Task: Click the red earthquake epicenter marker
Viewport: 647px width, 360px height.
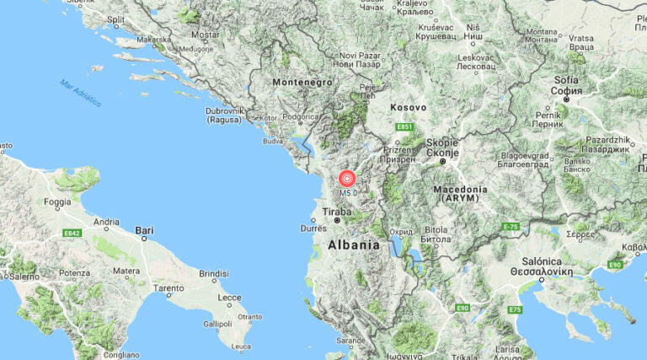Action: (x=347, y=178)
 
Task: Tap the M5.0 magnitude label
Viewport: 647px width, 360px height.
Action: (x=349, y=193)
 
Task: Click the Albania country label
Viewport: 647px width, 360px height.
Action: (x=353, y=244)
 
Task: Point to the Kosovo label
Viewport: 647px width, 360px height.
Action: (x=409, y=108)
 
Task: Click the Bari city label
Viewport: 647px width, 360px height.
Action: (x=145, y=229)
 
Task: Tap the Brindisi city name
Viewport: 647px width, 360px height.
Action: (x=214, y=274)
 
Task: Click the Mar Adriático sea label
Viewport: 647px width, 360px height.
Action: (x=80, y=93)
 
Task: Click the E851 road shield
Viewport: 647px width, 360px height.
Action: (x=404, y=127)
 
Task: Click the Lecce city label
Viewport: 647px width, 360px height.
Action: (x=228, y=298)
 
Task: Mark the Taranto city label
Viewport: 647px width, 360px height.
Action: (x=168, y=287)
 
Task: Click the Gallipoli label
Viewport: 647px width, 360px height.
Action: (x=217, y=324)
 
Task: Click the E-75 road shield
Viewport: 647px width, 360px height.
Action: (x=511, y=227)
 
